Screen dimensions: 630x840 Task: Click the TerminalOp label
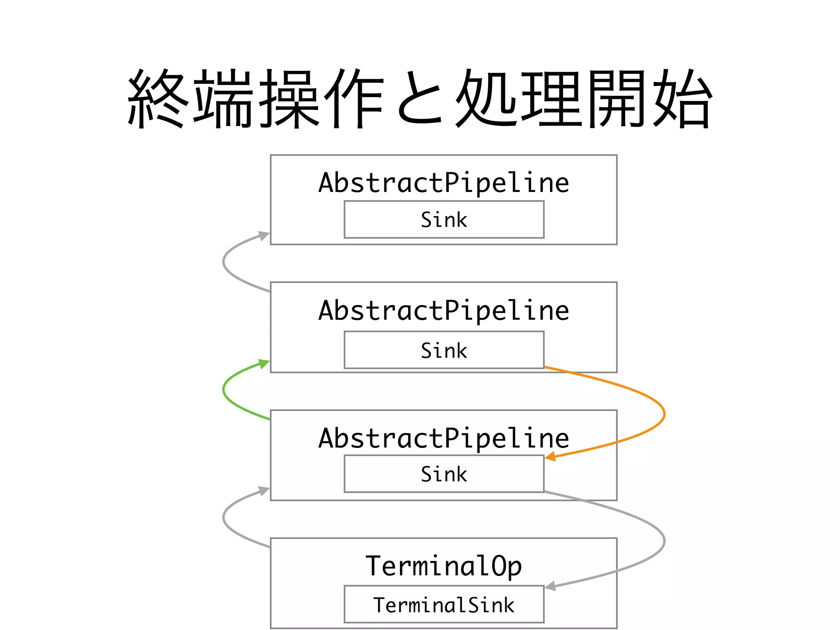[x=443, y=566]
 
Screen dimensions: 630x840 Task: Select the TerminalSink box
[x=444, y=604]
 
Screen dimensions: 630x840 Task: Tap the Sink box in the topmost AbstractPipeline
[x=444, y=219]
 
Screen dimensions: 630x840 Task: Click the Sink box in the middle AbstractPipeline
[x=444, y=350]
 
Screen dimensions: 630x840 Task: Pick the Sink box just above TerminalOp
[x=444, y=474]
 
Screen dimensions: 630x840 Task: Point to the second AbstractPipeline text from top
[x=444, y=310]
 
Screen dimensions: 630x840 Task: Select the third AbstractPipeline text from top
[x=444, y=438]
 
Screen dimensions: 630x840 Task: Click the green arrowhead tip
[x=268, y=361]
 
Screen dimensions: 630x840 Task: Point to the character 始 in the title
[x=682, y=98]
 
